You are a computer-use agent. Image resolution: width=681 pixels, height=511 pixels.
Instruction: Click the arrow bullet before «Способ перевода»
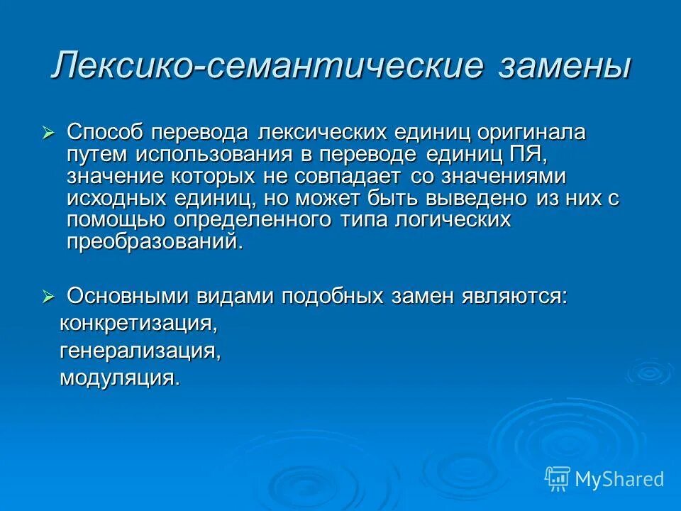click(x=48, y=132)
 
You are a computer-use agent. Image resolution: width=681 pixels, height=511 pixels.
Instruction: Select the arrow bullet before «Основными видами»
click(x=48, y=297)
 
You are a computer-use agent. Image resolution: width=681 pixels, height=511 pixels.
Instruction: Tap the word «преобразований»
click(x=153, y=242)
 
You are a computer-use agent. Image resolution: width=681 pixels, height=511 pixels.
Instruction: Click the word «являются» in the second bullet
click(x=514, y=297)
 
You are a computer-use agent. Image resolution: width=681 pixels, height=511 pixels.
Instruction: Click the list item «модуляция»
click(x=119, y=378)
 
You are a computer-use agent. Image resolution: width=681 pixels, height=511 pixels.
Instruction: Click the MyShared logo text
click(x=619, y=480)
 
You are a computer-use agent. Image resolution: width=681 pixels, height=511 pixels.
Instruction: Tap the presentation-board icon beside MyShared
click(x=557, y=479)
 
